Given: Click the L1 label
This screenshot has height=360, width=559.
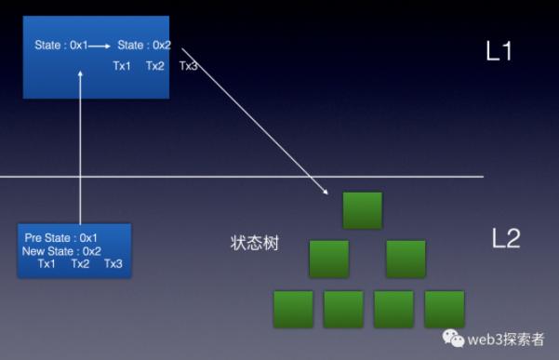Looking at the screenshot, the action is point(499,50).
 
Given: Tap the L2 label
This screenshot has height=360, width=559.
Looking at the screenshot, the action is point(506,238).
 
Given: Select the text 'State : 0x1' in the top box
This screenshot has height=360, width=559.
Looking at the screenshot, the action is point(61,46).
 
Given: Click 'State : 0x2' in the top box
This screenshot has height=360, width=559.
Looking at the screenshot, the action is point(144,46).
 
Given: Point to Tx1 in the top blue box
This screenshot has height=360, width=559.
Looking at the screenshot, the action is point(122,66).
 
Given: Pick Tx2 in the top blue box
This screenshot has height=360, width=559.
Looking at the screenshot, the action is point(155,66).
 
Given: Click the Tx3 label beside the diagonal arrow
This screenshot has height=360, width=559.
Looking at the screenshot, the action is point(188,66).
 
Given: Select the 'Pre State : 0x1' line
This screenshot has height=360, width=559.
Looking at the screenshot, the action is point(61,238).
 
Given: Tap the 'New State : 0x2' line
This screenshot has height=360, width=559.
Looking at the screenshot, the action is point(61,251).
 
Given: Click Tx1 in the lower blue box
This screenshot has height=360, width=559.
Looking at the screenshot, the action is point(47,264).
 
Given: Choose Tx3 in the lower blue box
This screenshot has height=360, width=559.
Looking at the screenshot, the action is point(113,264).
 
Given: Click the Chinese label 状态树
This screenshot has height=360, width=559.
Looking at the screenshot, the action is point(254,243).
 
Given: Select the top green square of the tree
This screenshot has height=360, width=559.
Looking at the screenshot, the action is point(362,210).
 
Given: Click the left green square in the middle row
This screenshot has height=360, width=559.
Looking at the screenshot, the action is point(328,260).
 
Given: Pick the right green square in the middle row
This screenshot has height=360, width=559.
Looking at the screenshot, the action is point(406,260).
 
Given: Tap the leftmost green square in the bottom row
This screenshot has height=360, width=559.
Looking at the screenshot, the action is point(293,309).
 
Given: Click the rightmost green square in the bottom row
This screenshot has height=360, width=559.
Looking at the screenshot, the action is point(445,309).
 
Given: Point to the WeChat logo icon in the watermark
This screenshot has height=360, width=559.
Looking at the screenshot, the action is point(453,338).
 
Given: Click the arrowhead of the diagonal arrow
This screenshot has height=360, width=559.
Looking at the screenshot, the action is point(326,192).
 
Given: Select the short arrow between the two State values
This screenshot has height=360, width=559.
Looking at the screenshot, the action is point(100,46).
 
